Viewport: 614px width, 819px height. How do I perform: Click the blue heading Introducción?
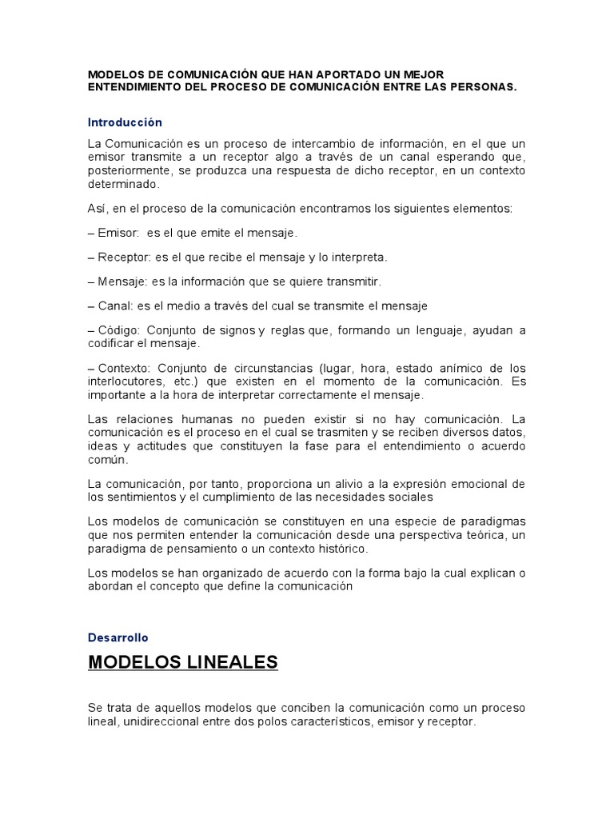click(x=125, y=122)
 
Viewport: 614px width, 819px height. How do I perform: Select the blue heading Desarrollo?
click(x=118, y=637)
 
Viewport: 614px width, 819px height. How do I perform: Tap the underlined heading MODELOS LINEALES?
click(x=183, y=663)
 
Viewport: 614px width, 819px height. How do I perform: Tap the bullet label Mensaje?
click(x=122, y=282)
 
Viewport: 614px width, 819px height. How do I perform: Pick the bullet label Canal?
click(x=116, y=306)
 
